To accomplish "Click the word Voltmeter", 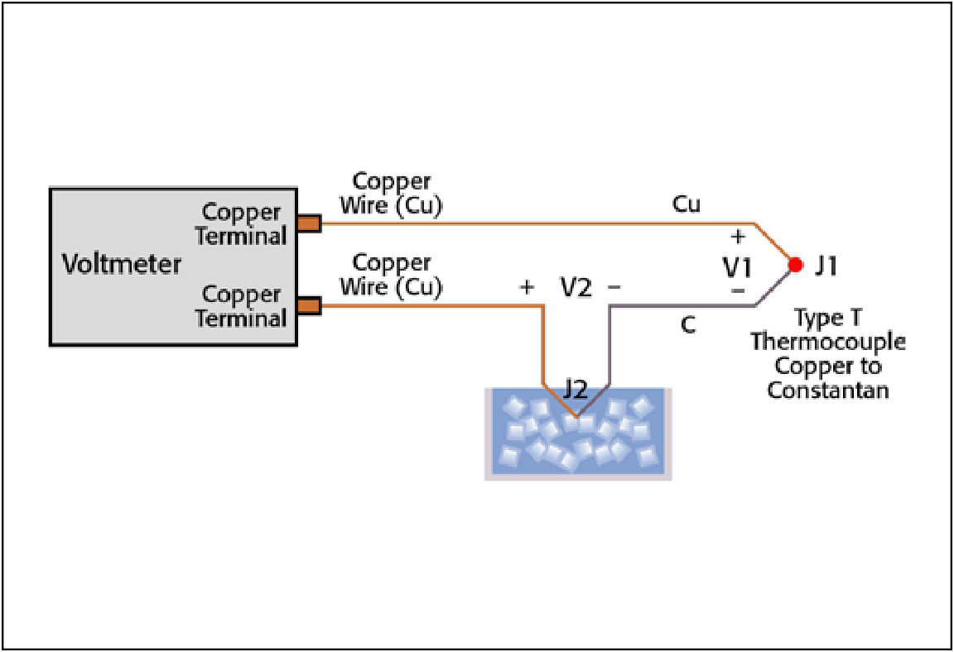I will (x=122, y=265).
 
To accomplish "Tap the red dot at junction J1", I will (x=795, y=265).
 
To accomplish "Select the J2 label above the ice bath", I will (x=577, y=387).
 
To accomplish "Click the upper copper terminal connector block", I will (x=308, y=223).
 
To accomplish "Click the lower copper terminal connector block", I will (x=308, y=306).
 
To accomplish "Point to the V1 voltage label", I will (x=736, y=267).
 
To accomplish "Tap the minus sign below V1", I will (x=738, y=293).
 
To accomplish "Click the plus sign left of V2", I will (x=526, y=287).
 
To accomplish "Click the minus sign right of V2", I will (x=614, y=287).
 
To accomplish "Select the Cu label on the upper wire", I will (x=687, y=204).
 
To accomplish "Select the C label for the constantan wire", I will (x=687, y=326).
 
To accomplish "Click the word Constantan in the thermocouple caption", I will (x=828, y=390).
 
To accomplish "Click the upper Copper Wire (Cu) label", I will (x=392, y=193).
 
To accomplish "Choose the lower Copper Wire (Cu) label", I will (x=392, y=275).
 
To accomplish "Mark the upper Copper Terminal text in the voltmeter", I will (x=242, y=223).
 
